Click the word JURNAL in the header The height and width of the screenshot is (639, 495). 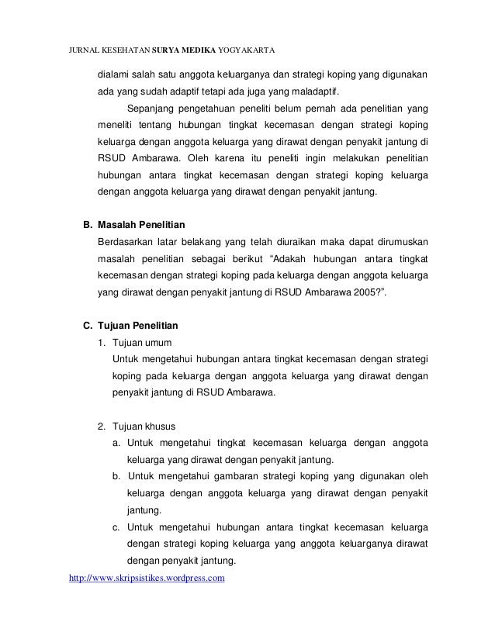(x=81, y=52)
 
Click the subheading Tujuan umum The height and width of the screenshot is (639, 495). (x=141, y=341)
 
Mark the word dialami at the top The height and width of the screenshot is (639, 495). (x=115, y=74)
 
